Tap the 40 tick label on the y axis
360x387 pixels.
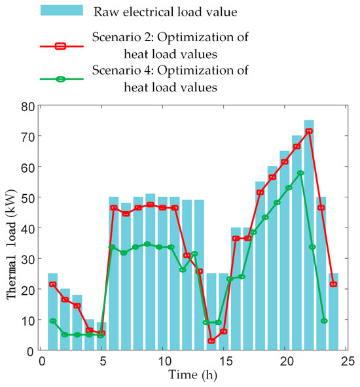coord(27,228)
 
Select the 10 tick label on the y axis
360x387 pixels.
coord(27,320)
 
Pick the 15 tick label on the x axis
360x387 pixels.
coord(225,361)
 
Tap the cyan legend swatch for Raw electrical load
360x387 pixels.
coord(62,11)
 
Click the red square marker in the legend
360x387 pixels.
coord(62,46)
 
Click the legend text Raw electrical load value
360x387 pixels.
coord(156,12)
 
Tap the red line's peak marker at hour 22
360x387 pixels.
coord(309,131)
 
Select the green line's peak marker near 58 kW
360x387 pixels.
coord(300,173)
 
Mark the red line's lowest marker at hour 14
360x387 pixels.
coord(211,341)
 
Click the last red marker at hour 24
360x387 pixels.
coord(334,284)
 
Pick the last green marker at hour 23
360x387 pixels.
coord(324,321)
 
